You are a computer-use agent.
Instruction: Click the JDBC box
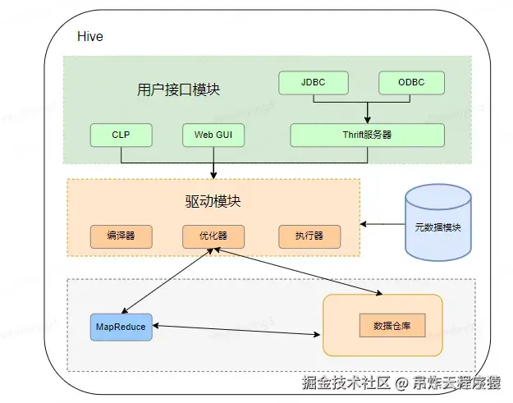tap(314, 83)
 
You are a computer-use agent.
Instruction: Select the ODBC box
tap(411, 83)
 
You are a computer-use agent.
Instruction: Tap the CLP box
tap(121, 135)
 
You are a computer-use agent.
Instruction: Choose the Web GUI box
tap(213, 135)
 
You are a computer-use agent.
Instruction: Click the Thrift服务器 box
tap(368, 135)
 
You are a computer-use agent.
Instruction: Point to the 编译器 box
tap(121, 236)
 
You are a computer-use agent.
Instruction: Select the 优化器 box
tap(213, 236)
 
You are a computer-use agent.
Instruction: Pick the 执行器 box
tap(309, 236)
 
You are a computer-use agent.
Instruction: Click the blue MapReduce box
tap(121, 327)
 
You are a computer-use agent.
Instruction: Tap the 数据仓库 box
tap(392, 326)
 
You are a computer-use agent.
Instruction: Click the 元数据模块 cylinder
tap(438, 222)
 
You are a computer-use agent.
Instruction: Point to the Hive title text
tap(90, 36)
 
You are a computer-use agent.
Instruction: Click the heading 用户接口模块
tap(178, 89)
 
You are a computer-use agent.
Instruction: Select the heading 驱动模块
tap(213, 201)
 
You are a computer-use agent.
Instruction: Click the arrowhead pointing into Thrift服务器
tap(368, 120)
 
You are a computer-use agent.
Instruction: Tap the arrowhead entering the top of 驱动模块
tap(213, 176)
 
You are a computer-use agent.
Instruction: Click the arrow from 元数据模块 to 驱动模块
tap(382, 224)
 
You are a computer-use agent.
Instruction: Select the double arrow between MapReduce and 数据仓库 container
tap(236, 330)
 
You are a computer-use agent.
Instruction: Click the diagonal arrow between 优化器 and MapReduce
tap(167, 281)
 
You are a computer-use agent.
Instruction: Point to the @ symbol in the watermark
tap(401, 383)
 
